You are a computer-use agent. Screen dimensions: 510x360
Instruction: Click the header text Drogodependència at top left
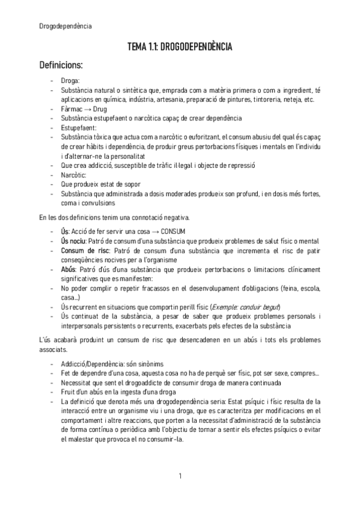pos(66,25)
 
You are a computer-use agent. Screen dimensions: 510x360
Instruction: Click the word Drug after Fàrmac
pos(100,109)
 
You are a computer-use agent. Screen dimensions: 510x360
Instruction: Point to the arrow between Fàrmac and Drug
pos(87,109)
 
